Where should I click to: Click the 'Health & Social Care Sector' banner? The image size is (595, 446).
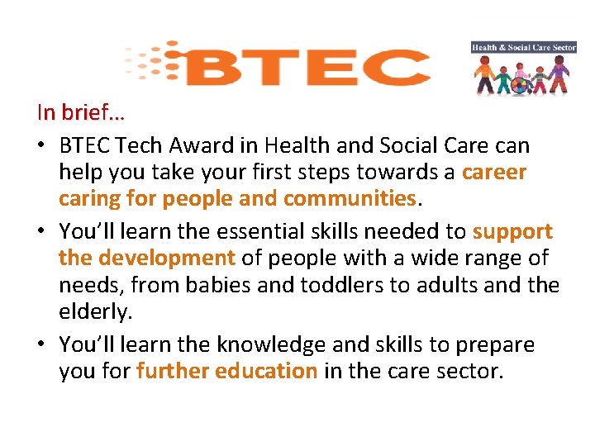[x=523, y=48]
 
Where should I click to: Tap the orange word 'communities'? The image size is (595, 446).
[x=349, y=199]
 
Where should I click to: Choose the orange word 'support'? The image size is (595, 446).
[x=512, y=232]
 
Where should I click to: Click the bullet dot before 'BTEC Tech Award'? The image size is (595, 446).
[x=41, y=146]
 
